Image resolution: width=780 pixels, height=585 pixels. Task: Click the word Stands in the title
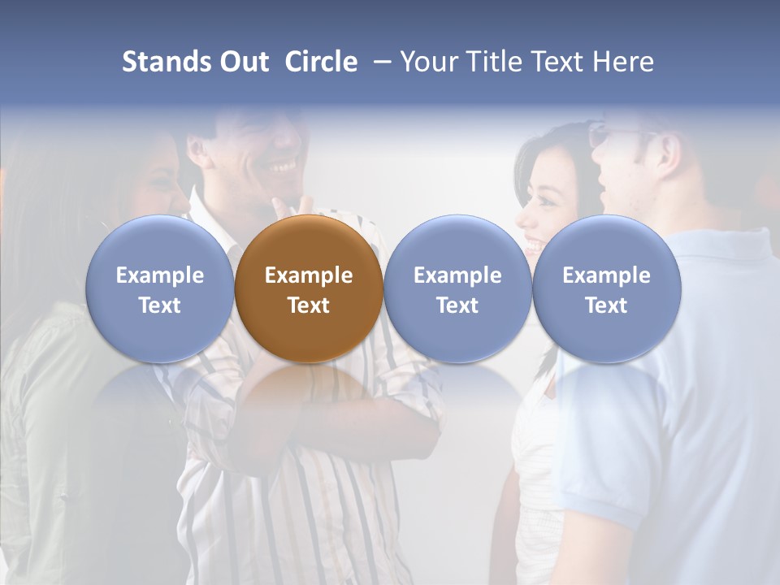coord(167,62)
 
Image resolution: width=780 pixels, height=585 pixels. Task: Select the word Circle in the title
coord(321,62)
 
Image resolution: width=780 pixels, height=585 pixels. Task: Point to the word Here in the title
coord(625,62)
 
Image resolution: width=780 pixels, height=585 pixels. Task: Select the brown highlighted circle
coord(309,244)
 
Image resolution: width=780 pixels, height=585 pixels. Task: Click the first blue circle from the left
coord(159,244)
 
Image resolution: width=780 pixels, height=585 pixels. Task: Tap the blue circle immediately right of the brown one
coord(457,244)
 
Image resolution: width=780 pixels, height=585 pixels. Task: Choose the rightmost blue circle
coord(606,244)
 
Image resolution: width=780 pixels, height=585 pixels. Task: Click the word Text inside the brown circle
coord(309,305)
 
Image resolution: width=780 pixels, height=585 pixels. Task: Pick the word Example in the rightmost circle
coord(606,275)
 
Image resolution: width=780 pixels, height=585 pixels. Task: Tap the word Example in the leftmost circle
coord(159,275)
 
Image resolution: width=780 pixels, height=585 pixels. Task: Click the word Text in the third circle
coord(457,305)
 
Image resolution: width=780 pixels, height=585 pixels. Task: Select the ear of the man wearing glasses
coord(669,150)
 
